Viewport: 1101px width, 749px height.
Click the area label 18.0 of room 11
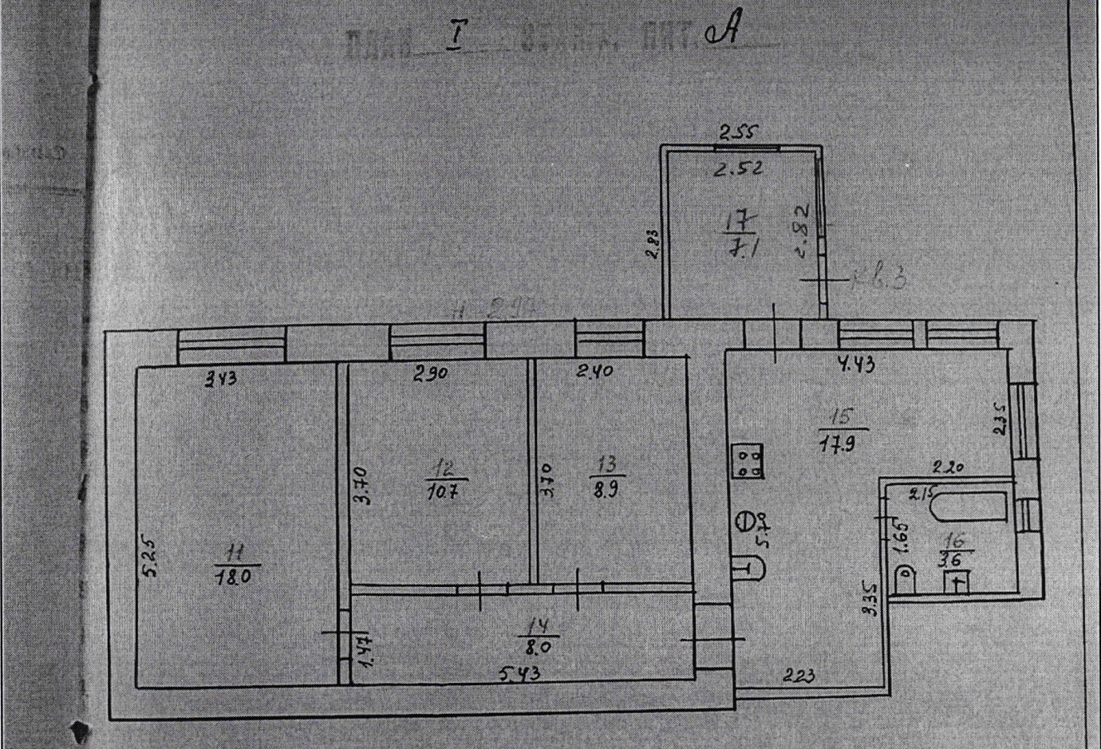(x=234, y=576)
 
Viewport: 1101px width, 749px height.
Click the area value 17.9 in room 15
(x=838, y=444)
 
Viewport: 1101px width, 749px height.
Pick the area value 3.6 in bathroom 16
(x=954, y=559)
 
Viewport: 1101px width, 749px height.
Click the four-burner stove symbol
(x=748, y=460)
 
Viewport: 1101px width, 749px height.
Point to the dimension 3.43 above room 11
(x=221, y=380)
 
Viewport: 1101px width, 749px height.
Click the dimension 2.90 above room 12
(x=431, y=374)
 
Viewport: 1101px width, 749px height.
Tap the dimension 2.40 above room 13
(x=594, y=371)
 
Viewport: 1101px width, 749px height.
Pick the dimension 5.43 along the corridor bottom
(x=519, y=675)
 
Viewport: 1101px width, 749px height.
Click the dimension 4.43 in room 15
(x=855, y=365)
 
